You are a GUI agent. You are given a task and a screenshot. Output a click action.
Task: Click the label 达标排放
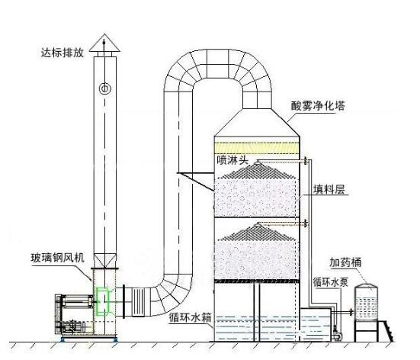point(63,53)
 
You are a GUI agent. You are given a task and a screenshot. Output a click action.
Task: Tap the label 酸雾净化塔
point(318,106)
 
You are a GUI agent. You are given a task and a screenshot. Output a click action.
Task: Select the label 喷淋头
point(232,160)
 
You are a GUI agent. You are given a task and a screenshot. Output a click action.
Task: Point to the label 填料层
point(329,189)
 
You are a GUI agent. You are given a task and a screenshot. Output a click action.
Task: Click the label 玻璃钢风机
point(58,258)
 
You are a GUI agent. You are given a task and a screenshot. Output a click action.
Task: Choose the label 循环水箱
point(190,317)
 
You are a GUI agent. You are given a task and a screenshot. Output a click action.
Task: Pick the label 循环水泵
point(331,282)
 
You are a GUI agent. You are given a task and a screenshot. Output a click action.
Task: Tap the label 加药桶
point(345,262)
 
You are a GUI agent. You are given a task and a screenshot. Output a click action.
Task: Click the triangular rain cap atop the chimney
point(104,43)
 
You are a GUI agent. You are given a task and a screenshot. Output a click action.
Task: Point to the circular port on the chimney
point(104,88)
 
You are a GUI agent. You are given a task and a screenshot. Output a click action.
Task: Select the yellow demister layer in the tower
point(257,148)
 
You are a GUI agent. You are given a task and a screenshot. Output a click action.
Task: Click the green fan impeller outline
point(103,301)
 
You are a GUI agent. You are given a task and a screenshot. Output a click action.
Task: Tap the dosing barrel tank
point(366,302)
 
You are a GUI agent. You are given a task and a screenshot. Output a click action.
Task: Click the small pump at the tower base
point(336,335)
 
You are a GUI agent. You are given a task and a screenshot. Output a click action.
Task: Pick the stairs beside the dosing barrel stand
point(386,331)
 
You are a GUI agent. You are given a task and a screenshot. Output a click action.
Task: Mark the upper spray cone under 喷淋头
point(258,171)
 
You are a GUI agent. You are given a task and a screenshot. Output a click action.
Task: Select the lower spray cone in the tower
point(258,232)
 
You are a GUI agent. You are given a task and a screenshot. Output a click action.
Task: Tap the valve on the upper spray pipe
point(306,161)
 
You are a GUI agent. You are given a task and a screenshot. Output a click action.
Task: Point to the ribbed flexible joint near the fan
point(138,302)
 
